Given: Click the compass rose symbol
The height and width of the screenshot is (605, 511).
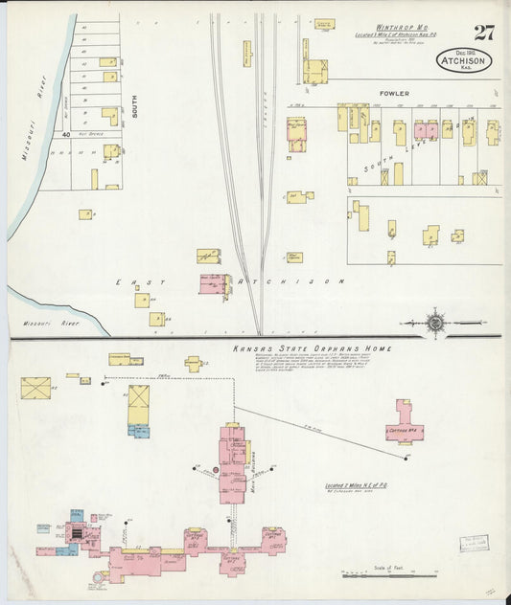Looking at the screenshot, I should pyautogui.click(x=436, y=324).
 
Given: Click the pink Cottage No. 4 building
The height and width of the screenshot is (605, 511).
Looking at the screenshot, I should pyautogui.click(x=406, y=422).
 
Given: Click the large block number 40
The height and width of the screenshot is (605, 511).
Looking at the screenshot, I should pyautogui.click(x=66, y=136).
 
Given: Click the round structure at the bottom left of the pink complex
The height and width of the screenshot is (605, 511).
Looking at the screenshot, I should pyautogui.click(x=100, y=577).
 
